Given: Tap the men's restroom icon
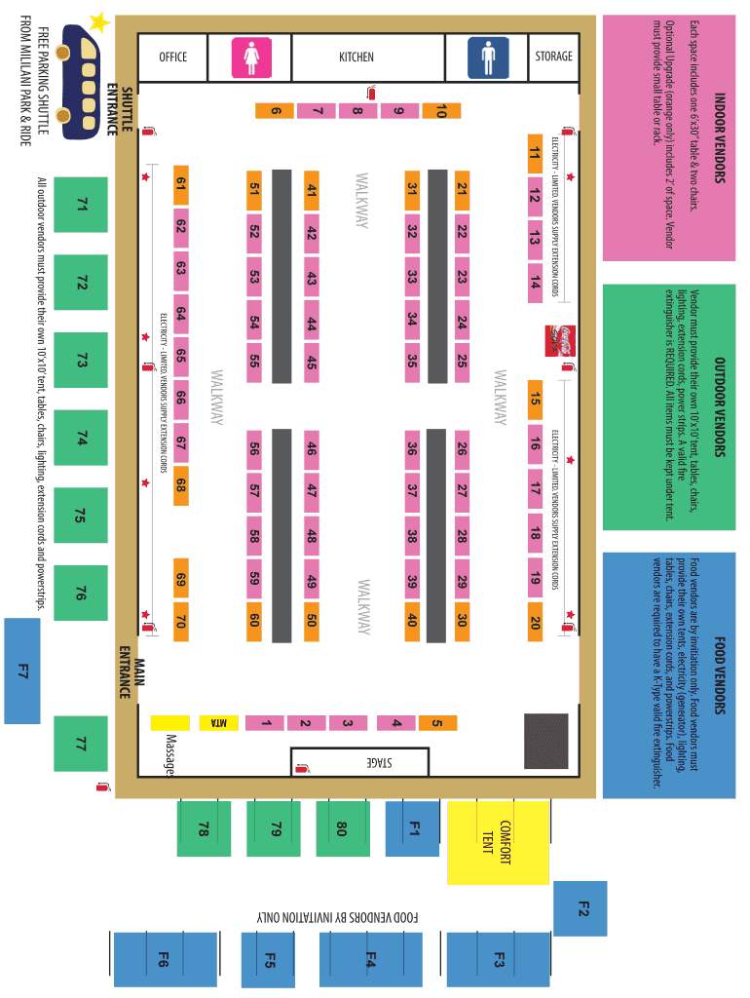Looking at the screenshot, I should click(x=487, y=57).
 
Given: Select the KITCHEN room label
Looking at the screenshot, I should click(x=356, y=57).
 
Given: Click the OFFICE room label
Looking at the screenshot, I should click(x=172, y=57).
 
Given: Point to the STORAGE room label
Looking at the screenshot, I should click(x=553, y=56).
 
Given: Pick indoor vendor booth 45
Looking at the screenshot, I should click(x=312, y=363).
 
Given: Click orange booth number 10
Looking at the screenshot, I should click(x=440, y=111).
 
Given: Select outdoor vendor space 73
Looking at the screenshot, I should click(x=82, y=360).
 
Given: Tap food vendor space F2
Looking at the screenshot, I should click(x=581, y=908).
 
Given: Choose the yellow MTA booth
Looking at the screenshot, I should click(x=220, y=722).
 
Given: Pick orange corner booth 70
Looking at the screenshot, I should click(x=180, y=620).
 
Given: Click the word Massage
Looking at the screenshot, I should click(x=170, y=756).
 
